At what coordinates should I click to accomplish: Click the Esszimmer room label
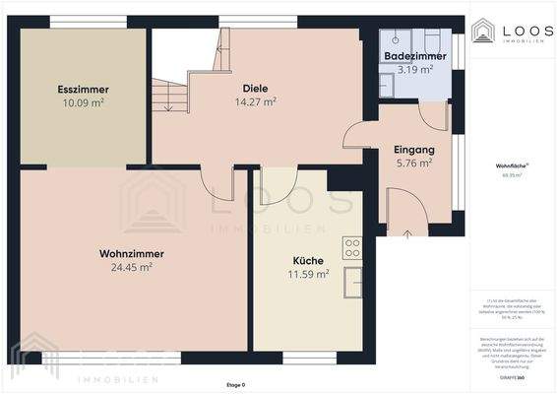(x=82, y=89)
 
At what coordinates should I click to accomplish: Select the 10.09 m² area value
(x=82, y=101)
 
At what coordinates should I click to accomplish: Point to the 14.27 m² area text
(x=255, y=101)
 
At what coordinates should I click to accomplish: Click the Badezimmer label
(x=415, y=56)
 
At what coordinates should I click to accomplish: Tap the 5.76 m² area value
(x=413, y=164)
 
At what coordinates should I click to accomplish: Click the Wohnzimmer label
(x=131, y=253)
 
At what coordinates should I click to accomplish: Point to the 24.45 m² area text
(x=131, y=267)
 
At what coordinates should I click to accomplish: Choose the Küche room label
(x=307, y=261)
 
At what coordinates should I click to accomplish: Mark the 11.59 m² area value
(x=308, y=275)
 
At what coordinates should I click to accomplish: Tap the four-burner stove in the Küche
(x=351, y=246)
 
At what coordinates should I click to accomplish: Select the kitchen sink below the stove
(x=351, y=280)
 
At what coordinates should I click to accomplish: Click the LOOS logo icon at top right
(x=482, y=32)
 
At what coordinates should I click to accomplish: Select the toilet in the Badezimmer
(x=386, y=85)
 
